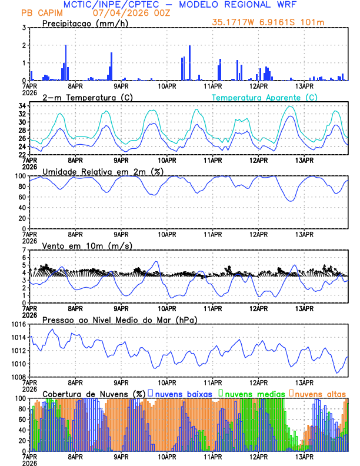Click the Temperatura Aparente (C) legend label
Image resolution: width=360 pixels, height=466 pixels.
point(264,97)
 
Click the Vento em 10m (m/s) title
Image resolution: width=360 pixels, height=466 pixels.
point(80,245)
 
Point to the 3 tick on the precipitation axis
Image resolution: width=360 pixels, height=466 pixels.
point(24,28)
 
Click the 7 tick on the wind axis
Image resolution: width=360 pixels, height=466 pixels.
point(24,250)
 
